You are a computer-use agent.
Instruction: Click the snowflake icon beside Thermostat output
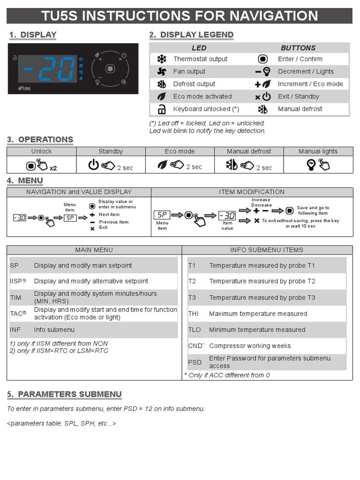point(161,59)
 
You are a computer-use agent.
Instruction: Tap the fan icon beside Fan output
point(161,72)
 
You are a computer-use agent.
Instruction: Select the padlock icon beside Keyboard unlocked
point(161,109)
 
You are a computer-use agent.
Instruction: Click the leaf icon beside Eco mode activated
point(161,97)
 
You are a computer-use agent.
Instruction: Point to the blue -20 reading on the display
point(49,70)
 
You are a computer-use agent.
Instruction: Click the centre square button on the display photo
point(110,68)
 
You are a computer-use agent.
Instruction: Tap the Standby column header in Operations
point(111,151)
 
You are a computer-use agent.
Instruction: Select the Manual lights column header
point(318,151)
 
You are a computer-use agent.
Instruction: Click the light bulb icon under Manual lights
point(312,165)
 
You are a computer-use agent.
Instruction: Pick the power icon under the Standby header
point(94,165)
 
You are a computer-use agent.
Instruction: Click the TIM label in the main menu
point(15,297)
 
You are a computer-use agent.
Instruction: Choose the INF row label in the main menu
point(15,330)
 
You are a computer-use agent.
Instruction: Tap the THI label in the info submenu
point(194,314)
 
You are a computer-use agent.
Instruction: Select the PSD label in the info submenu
point(195,362)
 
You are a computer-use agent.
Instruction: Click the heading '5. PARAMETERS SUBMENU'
point(64,394)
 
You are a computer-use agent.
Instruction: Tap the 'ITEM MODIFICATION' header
point(252,192)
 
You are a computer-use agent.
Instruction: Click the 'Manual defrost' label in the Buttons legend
point(300,109)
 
